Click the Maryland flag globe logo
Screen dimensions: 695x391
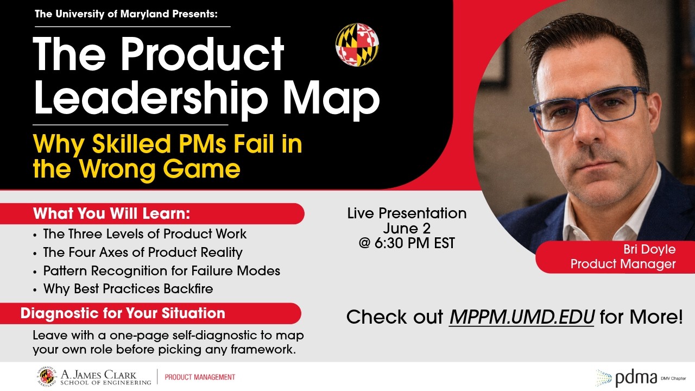pyautogui.click(x=357, y=45)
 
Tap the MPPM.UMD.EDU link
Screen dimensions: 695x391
pyautogui.click(x=522, y=317)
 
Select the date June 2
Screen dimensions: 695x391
pyautogui.click(x=407, y=228)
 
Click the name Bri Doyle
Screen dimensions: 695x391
pyautogui.click(x=649, y=249)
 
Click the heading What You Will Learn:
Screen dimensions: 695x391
pyautogui.click(x=112, y=213)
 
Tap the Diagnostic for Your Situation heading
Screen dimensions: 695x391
pyautogui.click(x=123, y=313)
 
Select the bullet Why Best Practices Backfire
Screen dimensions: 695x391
pyautogui.click(x=128, y=288)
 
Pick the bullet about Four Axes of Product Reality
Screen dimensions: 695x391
pyautogui.click(x=143, y=252)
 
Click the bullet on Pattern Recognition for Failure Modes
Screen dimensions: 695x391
pyautogui.click(x=162, y=270)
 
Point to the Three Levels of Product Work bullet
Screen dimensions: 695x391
pyautogui.click(x=145, y=234)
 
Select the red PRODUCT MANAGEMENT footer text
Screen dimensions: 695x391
pyautogui.click(x=200, y=377)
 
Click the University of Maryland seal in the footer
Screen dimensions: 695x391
pyautogui.click(x=47, y=376)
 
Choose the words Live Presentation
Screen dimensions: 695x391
pyautogui.click(x=407, y=213)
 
